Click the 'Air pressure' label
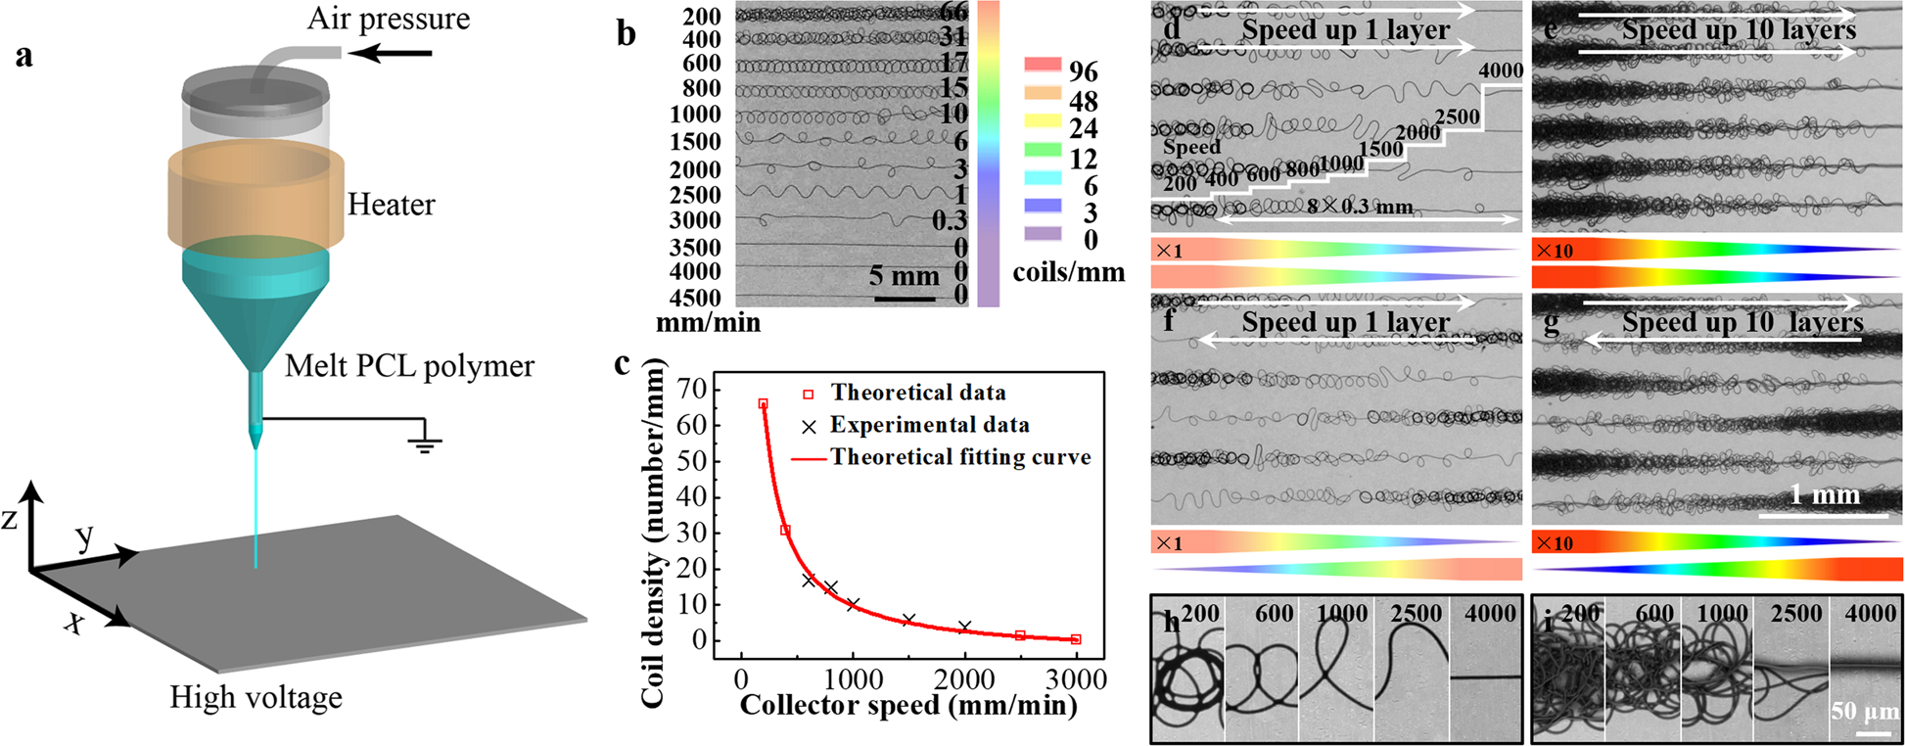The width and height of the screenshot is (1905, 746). coord(388,19)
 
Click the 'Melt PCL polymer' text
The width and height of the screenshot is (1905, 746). coord(409,366)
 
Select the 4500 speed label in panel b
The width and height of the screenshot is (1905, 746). coord(695,298)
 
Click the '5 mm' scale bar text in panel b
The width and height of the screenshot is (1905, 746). coord(903,276)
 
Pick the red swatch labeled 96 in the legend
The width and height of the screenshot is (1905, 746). coord(1043,65)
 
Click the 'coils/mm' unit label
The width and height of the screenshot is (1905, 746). coord(1068,272)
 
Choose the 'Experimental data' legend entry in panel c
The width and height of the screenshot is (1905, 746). coord(929,425)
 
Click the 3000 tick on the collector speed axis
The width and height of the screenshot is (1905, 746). coord(1075,678)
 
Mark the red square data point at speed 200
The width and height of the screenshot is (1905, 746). coord(763,403)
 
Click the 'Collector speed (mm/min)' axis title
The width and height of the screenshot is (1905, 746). coord(907,705)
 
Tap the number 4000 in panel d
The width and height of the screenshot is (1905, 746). coord(1500,70)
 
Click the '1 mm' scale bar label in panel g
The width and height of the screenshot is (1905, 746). coord(1824,494)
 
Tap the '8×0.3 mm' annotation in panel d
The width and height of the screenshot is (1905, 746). coord(1361,206)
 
